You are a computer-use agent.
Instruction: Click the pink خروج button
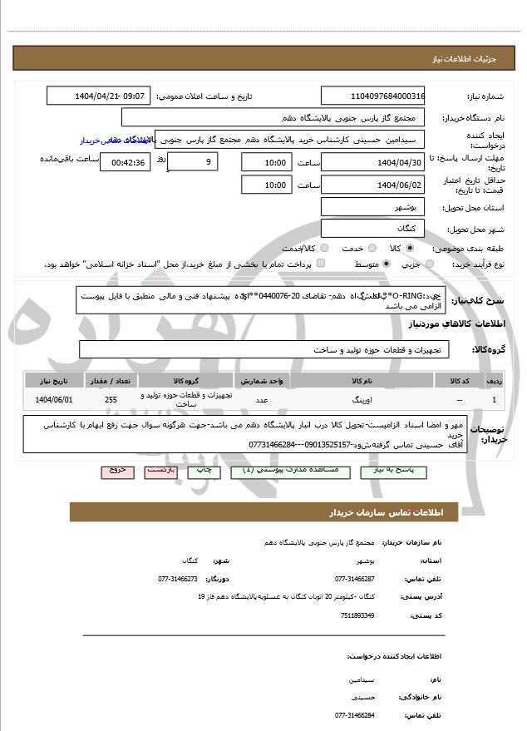(x=116, y=471)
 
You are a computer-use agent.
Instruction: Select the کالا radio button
(x=410, y=248)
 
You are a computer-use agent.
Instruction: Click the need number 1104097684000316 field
(x=373, y=96)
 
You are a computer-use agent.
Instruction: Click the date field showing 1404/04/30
(x=373, y=162)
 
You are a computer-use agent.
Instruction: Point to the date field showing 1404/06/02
(x=373, y=185)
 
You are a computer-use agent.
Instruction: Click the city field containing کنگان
(x=373, y=227)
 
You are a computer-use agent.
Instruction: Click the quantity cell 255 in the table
(x=111, y=400)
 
